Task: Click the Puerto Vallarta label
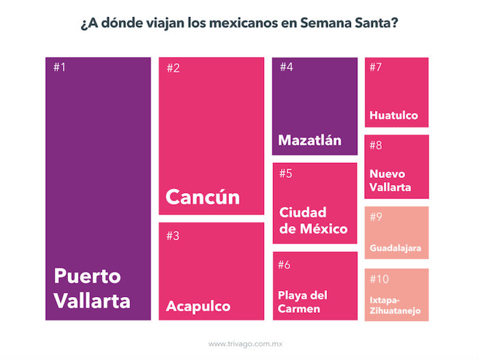[92, 288]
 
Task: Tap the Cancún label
[203, 196]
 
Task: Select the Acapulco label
[198, 305]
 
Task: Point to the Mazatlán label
[309, 140]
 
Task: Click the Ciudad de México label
[313, 220]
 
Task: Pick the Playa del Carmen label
[303, 302]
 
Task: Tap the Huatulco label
[393, 115]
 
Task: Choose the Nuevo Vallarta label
[391, 180]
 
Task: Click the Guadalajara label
[395, 247]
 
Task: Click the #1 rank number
[60, 67]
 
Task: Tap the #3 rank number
[172, 236]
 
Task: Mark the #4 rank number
[286, 67]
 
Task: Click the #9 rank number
[376, 217]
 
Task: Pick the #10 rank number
[378, 279]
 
